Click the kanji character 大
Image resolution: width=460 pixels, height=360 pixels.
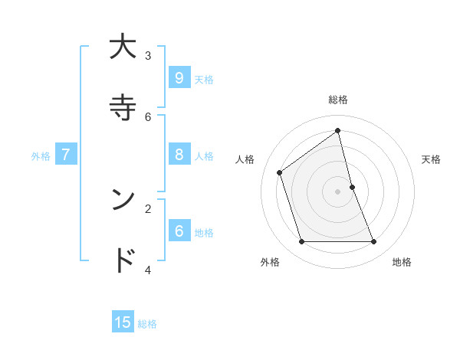123,47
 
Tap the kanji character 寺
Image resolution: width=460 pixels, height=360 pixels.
123,108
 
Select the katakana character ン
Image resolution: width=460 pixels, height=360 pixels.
123,200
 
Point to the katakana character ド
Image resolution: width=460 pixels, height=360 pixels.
123,260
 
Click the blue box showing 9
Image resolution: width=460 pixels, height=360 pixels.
179,77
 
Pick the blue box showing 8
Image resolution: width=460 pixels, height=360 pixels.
179,154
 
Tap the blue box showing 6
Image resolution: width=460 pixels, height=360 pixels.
179,231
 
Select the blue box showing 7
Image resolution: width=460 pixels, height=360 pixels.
66,154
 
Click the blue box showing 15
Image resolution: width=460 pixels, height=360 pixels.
123,322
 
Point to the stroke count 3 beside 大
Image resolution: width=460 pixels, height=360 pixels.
148,55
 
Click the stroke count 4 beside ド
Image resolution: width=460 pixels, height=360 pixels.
148,270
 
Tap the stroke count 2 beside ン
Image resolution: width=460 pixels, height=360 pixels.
148,208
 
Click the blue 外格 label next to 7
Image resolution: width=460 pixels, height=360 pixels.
41,156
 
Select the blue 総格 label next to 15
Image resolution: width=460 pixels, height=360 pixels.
147,324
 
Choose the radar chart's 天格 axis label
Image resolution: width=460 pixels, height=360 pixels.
432,159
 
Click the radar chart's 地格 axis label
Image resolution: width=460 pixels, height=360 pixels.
402,262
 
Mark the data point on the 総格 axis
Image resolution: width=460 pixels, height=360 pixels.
337,130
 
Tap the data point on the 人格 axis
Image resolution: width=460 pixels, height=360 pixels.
280,173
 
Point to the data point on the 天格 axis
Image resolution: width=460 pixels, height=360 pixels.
352,187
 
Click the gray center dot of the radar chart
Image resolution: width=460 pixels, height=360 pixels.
337,191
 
